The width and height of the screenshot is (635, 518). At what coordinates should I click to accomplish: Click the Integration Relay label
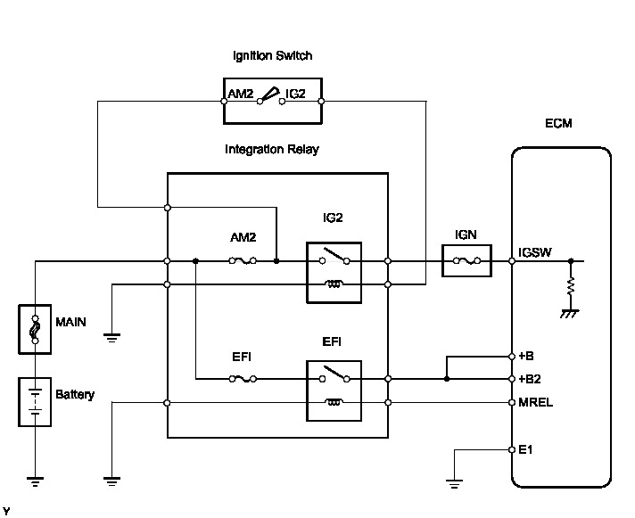[x=271, y=150]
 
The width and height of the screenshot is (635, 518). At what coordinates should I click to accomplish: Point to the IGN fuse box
[x=466, y=261]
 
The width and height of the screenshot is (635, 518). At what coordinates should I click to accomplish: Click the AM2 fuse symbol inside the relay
[x=243, y=261]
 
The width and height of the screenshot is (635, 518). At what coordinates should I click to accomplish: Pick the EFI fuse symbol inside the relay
[x=243, y=379]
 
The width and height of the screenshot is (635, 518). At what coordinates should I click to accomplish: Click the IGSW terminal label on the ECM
[x=535, y=252]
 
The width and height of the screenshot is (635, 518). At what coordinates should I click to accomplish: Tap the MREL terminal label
[x=535, y=402]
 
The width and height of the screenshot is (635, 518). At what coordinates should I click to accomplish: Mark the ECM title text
[x=559, y=124]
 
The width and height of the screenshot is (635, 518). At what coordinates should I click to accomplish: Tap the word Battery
[x=75, y=394]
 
